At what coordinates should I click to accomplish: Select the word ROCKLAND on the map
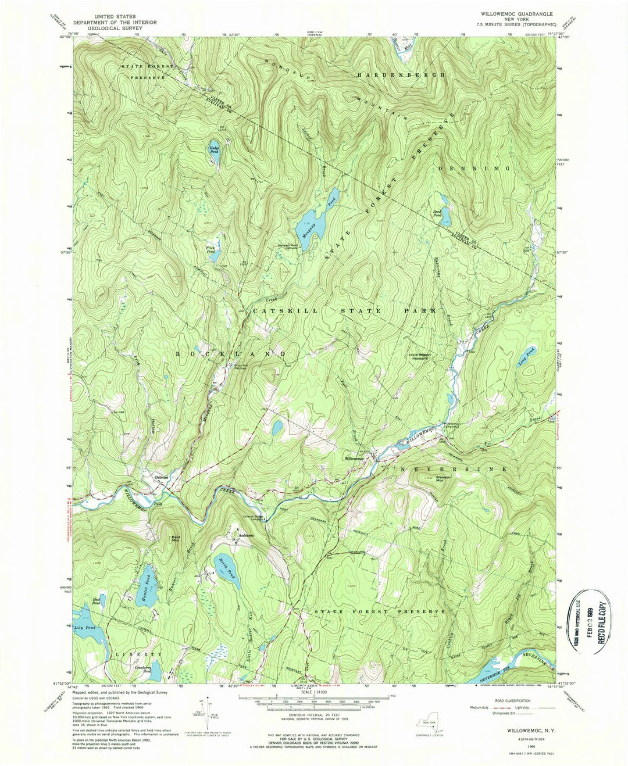[231, 353]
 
